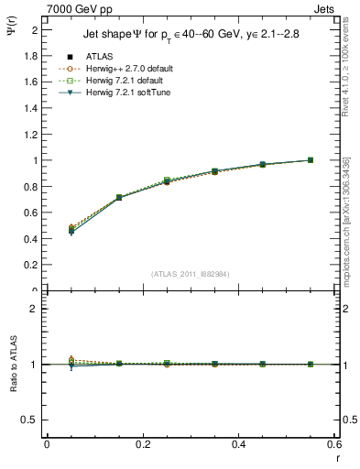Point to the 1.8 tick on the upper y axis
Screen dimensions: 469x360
[x=30, y=56]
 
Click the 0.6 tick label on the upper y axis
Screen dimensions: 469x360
[x=30, y=213]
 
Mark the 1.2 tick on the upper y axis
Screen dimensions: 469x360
[x=30, y=135]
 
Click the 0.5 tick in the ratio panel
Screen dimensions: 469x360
[x=30, y=420]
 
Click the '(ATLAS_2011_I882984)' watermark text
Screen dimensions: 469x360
[x=190, y=274]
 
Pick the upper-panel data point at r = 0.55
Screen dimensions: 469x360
[x=311, y=159]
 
